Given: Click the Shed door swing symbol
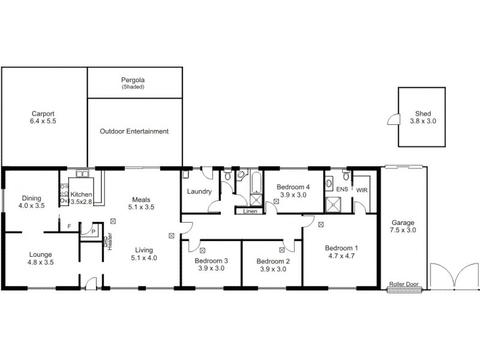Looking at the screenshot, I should (x=393, y=119).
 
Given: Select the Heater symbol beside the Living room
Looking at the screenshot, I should (x=109, y=242).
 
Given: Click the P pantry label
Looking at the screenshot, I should (x=93, y=231).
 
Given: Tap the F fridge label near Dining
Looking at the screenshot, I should (x=70, y=226).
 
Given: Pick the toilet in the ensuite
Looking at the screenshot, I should (x=346, y=178).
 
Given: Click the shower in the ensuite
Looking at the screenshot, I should (x=332, y=205).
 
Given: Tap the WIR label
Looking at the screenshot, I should (x=362, y=190).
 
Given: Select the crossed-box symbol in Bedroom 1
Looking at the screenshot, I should (x=322, y=225).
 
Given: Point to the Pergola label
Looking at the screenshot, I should (x=133, y=80).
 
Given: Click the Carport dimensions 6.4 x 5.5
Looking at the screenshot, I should (x=43, y=121).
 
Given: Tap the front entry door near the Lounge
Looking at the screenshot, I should (x=90, y=283).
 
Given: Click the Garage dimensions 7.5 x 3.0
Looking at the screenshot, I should (x=403, y=230).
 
